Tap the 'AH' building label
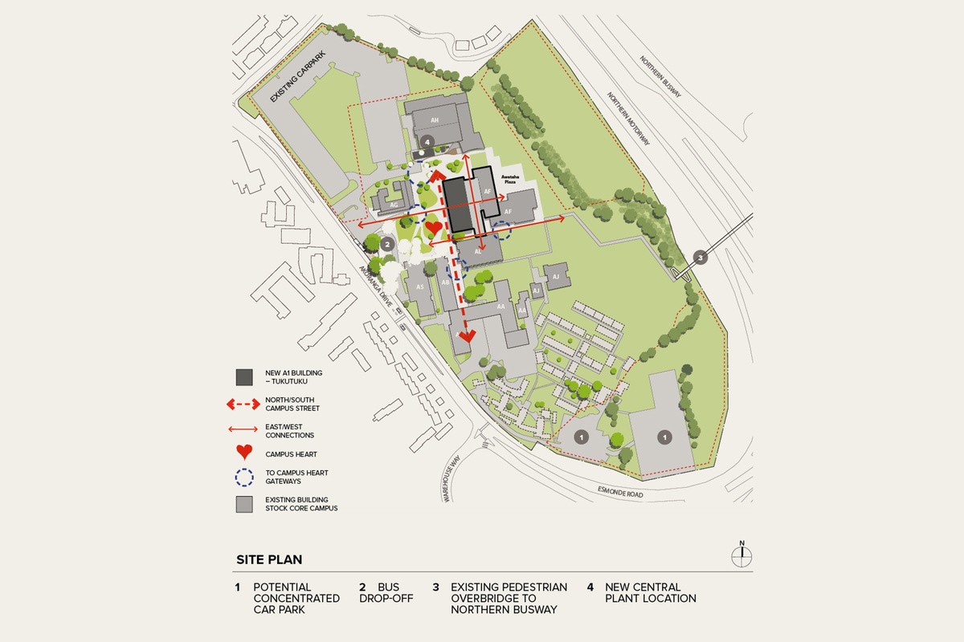(435, 120)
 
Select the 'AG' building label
(394, 205)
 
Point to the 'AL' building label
(479, 251)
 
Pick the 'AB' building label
(445, 282)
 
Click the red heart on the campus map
(434, 228)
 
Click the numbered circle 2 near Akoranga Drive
(386, 244)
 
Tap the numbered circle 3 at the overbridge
(700, 258)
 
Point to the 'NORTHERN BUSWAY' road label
(660, 77)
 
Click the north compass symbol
(742, 555)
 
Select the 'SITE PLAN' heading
(269, 559)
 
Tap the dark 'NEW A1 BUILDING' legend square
(243, 376)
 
